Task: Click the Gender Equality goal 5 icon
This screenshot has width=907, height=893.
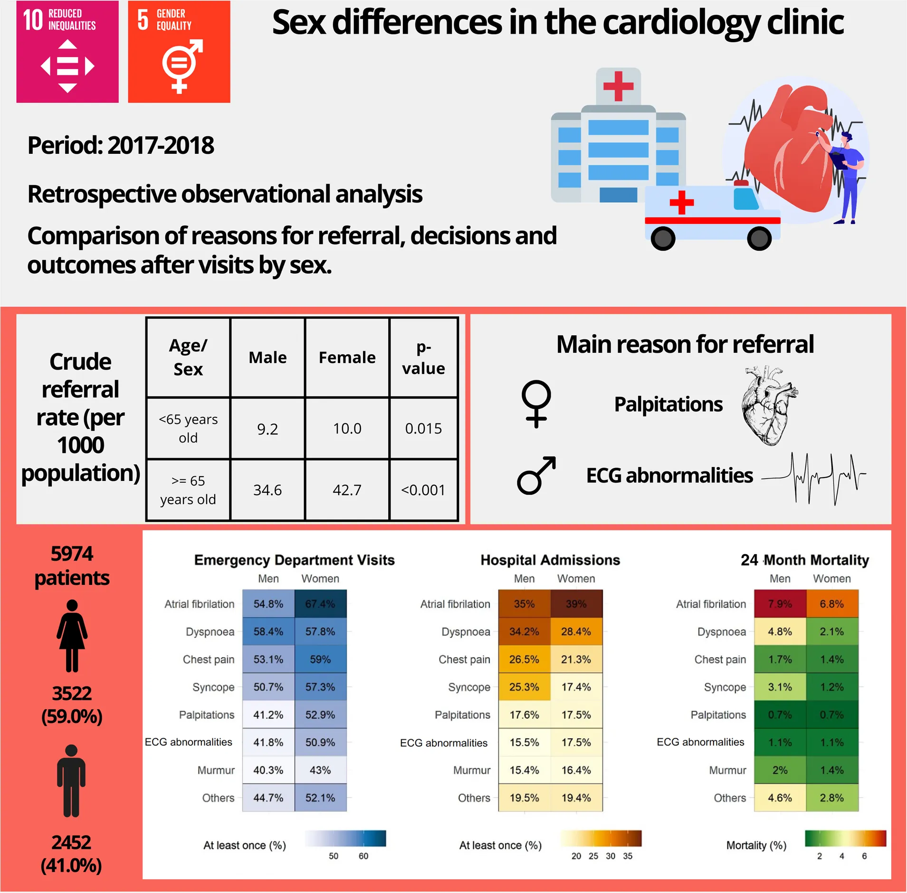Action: (179, 52)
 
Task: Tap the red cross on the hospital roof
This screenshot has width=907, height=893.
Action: (618, 86)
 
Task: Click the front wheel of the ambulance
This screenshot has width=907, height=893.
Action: (759, 238)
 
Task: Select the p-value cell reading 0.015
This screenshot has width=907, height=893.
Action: (423, 429)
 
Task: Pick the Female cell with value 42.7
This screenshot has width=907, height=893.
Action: (347, 490)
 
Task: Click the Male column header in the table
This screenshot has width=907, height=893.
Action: (267, 357)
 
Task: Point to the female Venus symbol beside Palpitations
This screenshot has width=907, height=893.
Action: (536, 404)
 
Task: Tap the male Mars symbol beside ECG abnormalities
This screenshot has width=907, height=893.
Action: (536, 476)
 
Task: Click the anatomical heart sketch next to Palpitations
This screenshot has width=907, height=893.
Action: (769, 404)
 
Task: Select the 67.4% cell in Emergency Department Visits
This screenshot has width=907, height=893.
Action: (320, 604)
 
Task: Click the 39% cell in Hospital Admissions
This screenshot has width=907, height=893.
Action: (576, 604)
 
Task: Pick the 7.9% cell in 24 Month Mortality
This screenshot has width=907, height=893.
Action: (780, 604)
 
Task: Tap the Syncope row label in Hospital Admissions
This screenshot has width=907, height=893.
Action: (469, 687)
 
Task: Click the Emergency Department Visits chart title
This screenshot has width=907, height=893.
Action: (294, 560)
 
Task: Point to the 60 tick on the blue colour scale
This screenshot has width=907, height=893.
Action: (363, 856)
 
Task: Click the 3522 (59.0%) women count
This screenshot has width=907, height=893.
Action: (72, 705)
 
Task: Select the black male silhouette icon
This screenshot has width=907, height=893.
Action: (71, 781)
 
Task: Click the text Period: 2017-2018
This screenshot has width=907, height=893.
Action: (121, 145)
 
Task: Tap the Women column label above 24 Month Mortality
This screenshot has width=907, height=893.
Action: (831, 579)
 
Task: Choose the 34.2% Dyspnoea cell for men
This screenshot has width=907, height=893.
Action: (524, 631)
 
